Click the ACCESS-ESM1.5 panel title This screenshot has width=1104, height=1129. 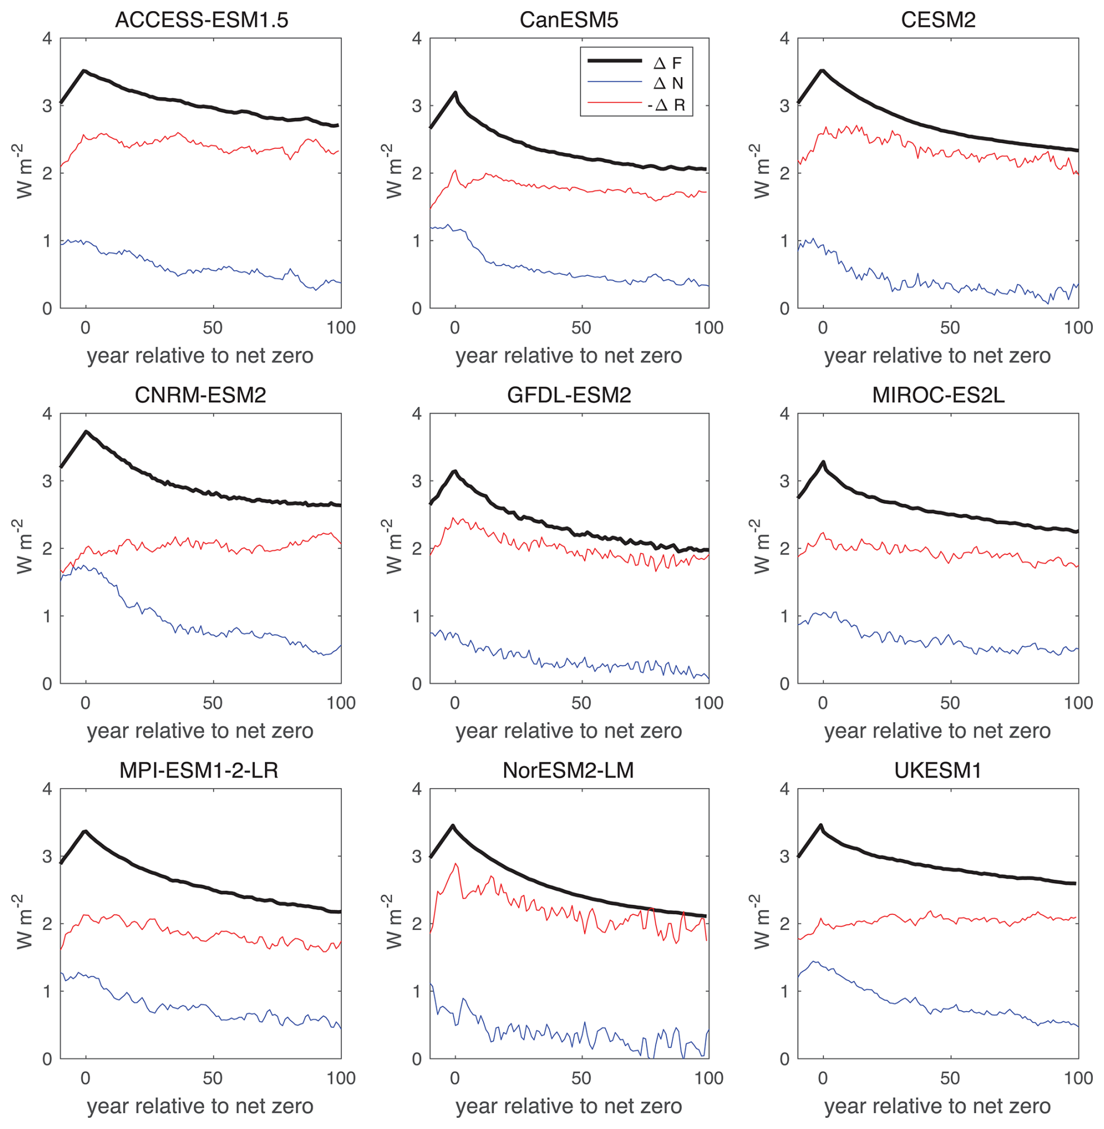[201, 20]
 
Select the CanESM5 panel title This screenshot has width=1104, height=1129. [568, 20]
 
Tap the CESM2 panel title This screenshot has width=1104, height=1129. [938, 20]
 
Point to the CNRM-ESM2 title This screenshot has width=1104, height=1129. [200, 395]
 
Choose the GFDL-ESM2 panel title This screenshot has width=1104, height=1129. [568, 395]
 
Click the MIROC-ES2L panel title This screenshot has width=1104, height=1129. [938, 395]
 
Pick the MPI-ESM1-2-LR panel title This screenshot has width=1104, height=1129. [198, 771]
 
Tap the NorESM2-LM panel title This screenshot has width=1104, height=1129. [568, 771]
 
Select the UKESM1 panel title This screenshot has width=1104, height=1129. [937, 771]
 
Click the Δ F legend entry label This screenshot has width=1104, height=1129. [668, 62]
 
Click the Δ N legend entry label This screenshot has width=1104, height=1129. [668, 83]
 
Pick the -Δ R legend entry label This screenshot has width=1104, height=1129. [666, 105]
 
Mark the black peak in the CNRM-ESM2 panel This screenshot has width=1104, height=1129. [86, 431]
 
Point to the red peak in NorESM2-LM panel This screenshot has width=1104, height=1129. [456, 864]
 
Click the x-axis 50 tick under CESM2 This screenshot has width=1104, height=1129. [950, 327]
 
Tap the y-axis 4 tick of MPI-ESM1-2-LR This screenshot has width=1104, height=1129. [47, 789]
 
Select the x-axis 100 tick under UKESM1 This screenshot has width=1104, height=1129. [1078, 1078]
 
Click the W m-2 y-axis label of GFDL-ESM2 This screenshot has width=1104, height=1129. [395, 547]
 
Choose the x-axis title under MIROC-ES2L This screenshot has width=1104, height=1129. [937, 731]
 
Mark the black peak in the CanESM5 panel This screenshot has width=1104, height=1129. [455, 92]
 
